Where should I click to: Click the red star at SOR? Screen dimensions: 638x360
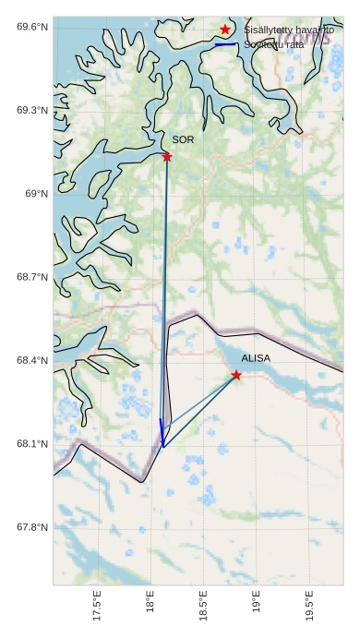coord(167,157)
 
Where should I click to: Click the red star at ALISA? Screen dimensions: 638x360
coord(237,375)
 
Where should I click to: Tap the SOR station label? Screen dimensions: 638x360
coord(183,139)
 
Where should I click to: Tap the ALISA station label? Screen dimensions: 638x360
coord(256,357)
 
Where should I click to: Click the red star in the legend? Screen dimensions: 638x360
coord(225,30)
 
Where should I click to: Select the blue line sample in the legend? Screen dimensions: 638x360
coord(225,44)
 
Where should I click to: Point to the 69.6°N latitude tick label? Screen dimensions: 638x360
coord(32,26)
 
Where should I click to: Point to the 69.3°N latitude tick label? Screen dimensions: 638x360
coord(32,110)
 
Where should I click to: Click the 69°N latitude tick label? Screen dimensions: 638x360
coord(36,193)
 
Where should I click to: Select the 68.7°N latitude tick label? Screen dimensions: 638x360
coord(32,277)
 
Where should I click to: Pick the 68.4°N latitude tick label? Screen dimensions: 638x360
coord(32,360)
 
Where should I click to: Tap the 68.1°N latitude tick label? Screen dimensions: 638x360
coord(32,444)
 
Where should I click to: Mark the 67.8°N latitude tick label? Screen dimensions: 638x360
coord(32,527)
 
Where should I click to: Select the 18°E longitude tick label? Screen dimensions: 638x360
coord(150,607)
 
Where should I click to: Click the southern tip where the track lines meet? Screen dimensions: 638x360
coord(163,448)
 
